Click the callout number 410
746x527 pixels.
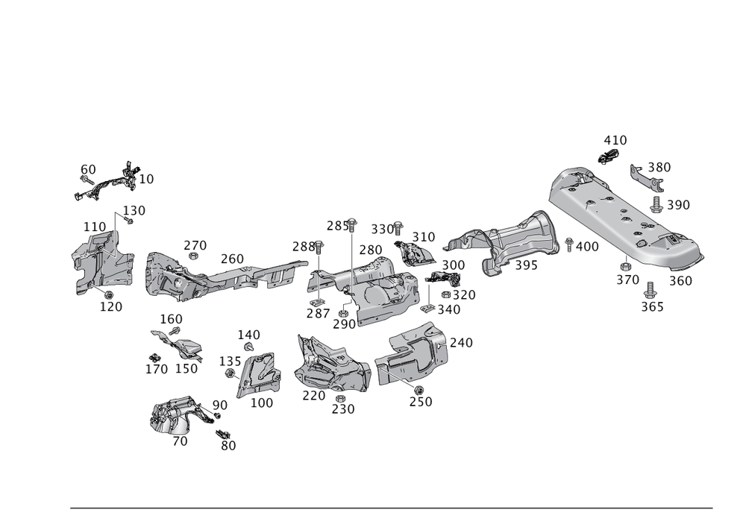(615, 140)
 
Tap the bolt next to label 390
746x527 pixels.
(656, 203)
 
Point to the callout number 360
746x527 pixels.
(680, 280)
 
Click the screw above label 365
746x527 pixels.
(650, 288)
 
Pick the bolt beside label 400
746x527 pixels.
(568, 244)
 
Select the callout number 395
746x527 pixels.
(525, 266)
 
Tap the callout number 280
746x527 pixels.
(370, 250)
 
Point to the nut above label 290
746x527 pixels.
(343, 312)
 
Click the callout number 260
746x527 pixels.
(232, 259)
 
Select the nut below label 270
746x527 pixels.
(194, 257)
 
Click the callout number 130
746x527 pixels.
(134, 211)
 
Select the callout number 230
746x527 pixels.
(342, 408)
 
